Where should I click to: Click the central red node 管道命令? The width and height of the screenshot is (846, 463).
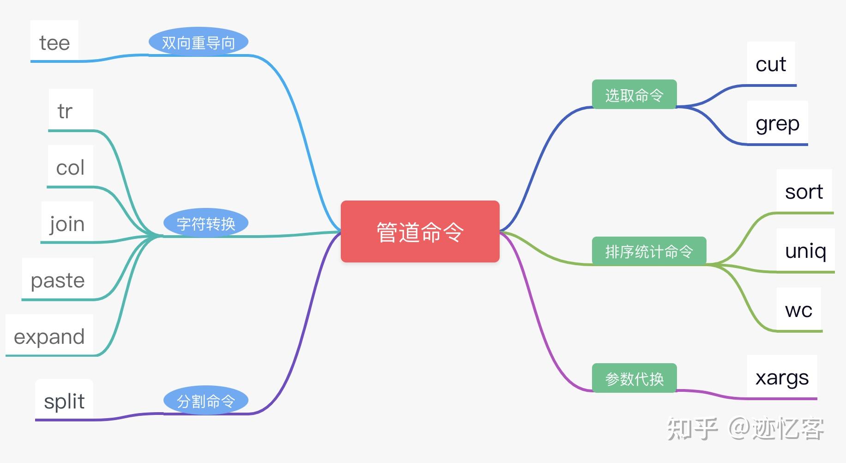pos(420,231)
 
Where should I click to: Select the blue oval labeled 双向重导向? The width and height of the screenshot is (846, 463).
pos(198,43)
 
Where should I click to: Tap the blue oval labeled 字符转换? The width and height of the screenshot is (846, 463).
pos(205,224)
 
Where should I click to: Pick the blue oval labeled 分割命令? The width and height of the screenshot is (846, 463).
pos(205,401)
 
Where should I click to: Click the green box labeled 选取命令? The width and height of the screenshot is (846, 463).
pos(634,95)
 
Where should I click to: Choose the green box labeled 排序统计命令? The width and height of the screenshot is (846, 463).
pos(649,251)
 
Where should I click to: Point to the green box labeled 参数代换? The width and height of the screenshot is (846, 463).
pos(634,378)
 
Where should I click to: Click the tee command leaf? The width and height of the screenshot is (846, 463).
pos(54,43)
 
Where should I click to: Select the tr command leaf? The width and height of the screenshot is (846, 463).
pos(65,111)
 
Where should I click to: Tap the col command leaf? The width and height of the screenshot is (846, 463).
pos(70,167)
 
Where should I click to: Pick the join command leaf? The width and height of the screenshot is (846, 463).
pos(67,224)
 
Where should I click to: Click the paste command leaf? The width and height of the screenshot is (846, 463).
pos(58,280)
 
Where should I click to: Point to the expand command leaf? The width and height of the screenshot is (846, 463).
pos(49,336)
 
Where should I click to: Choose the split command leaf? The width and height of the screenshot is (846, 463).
pos(64,401)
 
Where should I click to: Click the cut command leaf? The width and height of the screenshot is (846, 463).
pos(771,64)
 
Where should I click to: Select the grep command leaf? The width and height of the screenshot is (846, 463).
pos(777,123)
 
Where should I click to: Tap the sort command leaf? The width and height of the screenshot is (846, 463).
pos(804,191)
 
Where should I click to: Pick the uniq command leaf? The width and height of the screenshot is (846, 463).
pos(805,250)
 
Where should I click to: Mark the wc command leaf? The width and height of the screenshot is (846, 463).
pos(798,310)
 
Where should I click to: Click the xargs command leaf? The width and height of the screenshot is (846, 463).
pos(782,378)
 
